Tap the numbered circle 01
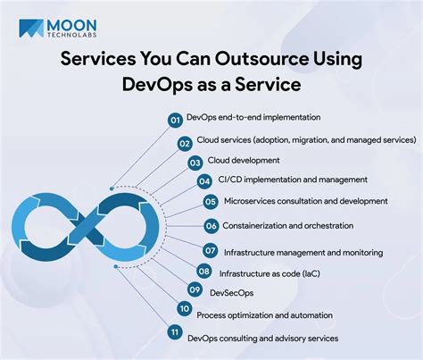pos(175,119)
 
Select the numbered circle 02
pos(185,142)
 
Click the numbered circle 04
pos(204,181)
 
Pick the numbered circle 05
pos(210,203)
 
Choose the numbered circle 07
pos(210,251)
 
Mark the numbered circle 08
pos(203,272)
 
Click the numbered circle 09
pos(194,290)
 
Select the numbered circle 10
pos(185,310)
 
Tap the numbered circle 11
pos(174,333)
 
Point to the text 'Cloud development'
pos(244,161)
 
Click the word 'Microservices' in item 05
pos(251,202)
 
